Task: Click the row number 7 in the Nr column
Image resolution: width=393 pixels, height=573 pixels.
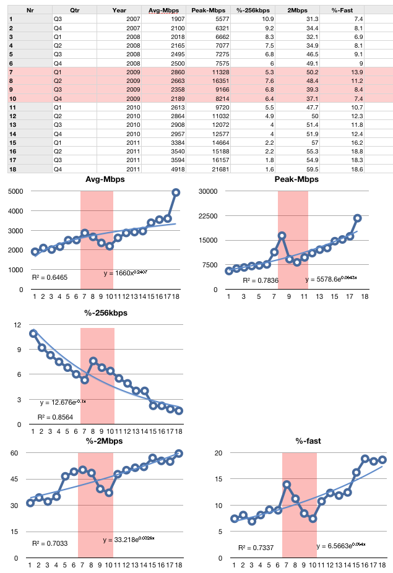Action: tap(11, 72)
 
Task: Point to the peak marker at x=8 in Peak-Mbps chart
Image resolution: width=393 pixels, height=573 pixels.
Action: tap(282, 236)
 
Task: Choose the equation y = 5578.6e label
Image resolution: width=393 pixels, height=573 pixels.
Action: tap(330, 280)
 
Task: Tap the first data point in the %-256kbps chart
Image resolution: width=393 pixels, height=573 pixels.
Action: tap(33, 334)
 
